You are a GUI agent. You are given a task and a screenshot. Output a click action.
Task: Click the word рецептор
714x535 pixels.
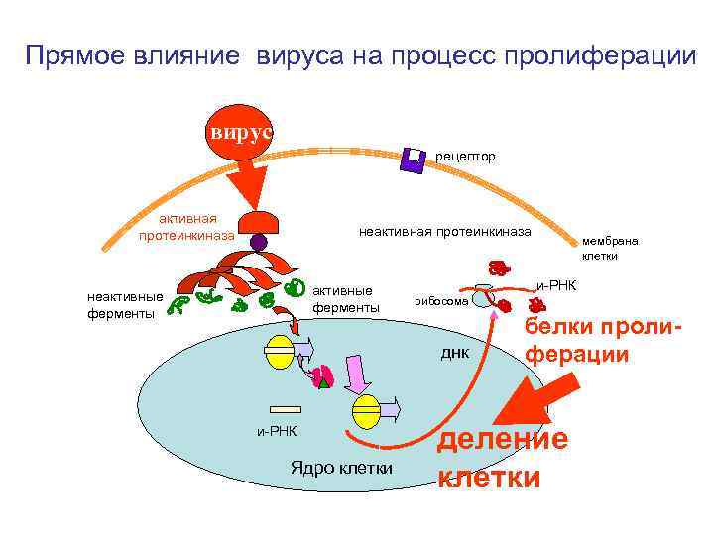(x=465, y=156)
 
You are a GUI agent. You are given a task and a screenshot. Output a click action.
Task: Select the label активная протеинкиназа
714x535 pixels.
(x=186, y=227)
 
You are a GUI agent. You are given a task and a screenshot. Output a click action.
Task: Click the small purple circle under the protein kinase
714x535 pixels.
(x=259, y=241)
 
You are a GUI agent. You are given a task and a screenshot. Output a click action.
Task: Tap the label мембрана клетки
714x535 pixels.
(x=611, y=248)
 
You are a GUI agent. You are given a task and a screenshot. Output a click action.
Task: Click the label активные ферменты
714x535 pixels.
(x=345, y=299)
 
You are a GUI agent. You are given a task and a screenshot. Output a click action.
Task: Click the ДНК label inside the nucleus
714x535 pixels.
(x=454, y=353)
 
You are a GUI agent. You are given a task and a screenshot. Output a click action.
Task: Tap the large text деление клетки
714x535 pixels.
(x=503, y=458)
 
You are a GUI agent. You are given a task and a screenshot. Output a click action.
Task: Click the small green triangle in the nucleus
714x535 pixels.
(x=324, y=384)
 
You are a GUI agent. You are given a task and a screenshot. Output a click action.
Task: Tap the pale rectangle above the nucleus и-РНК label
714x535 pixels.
(x=284, y=407)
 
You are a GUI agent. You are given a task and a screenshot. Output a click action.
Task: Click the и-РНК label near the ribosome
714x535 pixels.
(x=556, y=285)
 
